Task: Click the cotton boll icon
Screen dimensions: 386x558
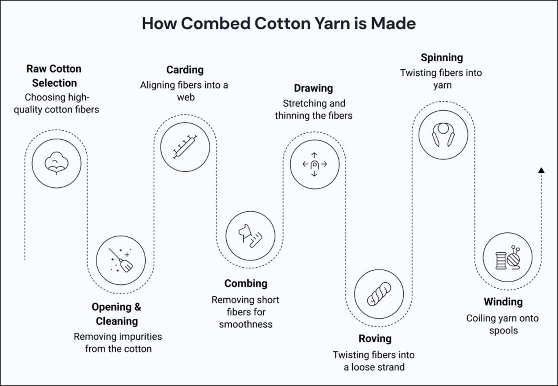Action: pyautogui.click(x=57, y=164)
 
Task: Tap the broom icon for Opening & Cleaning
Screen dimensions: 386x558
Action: pyautogui.click(x=121, y=260)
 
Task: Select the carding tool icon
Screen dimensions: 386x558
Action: pyautogui.click(x=185, y=147)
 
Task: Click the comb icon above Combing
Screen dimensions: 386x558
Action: pyautogui.click(x=250, y=236)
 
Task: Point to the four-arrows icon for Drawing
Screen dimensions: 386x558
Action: pyautogui.click(x=314, y=164)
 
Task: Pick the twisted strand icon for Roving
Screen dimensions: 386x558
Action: pyautogui.click(x=379, y=294)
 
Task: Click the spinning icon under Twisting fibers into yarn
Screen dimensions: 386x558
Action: pyautogui.click(x=443, y=135)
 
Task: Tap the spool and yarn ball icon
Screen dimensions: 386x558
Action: pyautogui.click(x=507, y=257)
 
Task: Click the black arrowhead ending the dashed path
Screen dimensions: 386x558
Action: pyautogui.click(x=541, y=170)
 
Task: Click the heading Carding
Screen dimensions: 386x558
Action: pyautogui.click(x=185, y=70)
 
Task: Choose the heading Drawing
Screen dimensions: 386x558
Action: pyautogui.click(x=313, y=88)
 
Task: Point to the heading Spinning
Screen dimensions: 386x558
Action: pyautogui.click(x=442, y=58)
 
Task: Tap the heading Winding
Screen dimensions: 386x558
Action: pyautogui.click(x=503, y=302)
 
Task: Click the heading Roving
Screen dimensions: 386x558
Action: pyautogui.click(x=375, y=339)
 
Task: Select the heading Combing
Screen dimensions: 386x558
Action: pyautogui.click(x=246, y=284)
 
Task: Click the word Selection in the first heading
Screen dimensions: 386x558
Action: pyautogui.click(x=54, y=83)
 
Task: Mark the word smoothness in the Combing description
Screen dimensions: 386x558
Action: pyautogui.click(x=246, y=324)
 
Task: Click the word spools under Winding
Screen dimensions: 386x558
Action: pyautogui.click(x=503, y=331)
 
